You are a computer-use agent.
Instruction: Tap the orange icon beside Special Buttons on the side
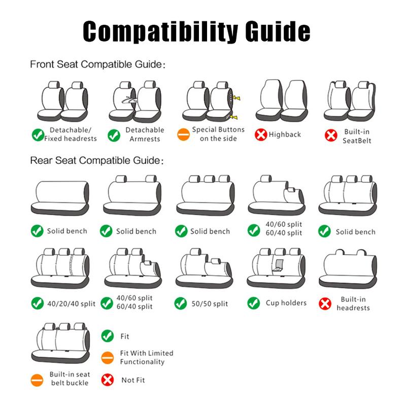coord(183,134)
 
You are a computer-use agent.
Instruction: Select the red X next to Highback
coord(261,134)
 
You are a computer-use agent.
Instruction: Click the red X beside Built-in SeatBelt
coord(331,136)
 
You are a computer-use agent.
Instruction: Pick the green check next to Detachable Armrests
coord(114,135)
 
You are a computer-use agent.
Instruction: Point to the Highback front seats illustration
coord(282,100)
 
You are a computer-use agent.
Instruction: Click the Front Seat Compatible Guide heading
coord(97,64)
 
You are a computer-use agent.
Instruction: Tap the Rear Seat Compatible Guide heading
coord(97,160)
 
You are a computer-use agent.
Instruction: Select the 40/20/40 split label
coord(71,303)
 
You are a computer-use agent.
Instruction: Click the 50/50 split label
coord(210,303)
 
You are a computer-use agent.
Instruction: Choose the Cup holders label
coord(286,303)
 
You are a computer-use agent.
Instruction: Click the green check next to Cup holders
coord(253,303)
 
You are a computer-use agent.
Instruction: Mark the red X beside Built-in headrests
coord(325,303)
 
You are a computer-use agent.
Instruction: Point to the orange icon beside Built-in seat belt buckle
coord(37,380)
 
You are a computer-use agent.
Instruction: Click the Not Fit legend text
coord(133,380)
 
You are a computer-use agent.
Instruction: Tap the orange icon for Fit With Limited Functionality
coord(107,358)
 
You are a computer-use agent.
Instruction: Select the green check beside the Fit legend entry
coord(107,336)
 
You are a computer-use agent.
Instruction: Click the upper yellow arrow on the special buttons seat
coord(236,98)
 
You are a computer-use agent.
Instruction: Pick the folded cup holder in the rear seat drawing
coord(278,265)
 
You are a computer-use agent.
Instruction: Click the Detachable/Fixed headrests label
coord(71,134)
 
